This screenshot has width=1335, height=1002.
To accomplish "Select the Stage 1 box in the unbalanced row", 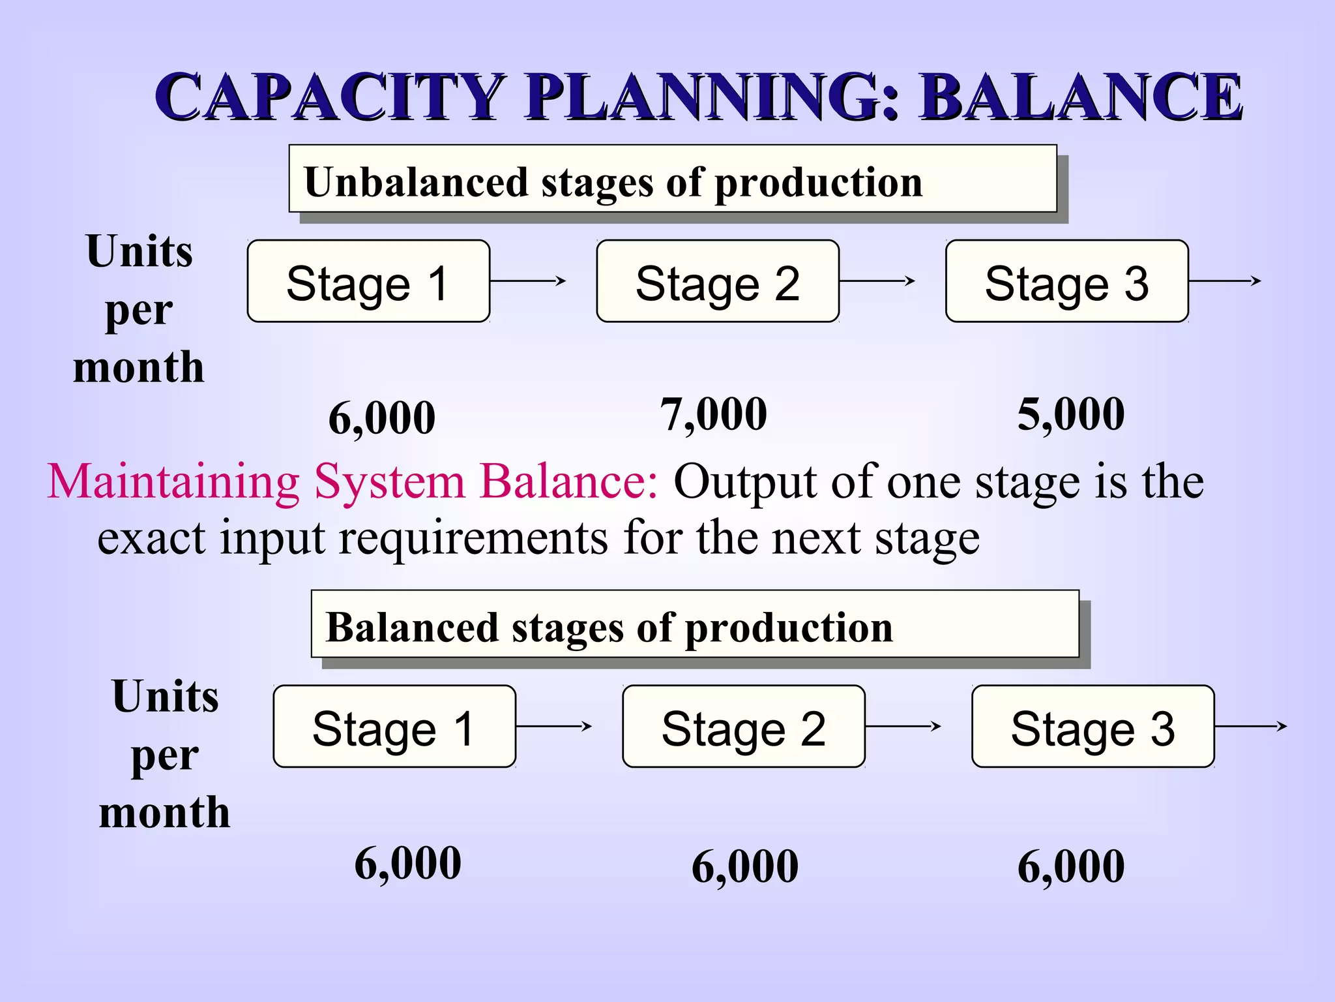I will [368, 281].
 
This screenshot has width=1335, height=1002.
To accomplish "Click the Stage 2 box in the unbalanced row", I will [718, 281].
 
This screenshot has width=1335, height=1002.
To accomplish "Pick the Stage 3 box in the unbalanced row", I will [1067, 281].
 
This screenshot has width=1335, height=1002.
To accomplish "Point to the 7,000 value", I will [714, 414].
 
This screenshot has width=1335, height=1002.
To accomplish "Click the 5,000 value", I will [1071, 414].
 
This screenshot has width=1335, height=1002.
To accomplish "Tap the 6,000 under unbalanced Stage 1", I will [382, 418].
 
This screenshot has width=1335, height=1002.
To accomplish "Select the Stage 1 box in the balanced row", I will [394, 726].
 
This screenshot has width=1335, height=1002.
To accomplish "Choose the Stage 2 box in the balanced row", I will [744, 726].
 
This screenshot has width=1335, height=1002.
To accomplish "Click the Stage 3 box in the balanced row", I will [1093, 726].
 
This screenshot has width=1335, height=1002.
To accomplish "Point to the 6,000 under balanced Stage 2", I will [745, 866].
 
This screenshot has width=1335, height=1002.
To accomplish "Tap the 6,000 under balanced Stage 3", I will [1071, 866].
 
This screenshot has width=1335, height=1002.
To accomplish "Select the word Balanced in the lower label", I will [411, 628].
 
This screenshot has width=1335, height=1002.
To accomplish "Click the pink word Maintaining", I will [173, 482].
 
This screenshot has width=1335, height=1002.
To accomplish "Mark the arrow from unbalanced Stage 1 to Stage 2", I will [528, 281].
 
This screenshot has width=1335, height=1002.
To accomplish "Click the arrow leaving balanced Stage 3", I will [1251, 726].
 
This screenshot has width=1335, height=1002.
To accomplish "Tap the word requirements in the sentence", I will [473, 539].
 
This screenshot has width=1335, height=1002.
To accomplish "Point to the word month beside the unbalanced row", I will [139, 367].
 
